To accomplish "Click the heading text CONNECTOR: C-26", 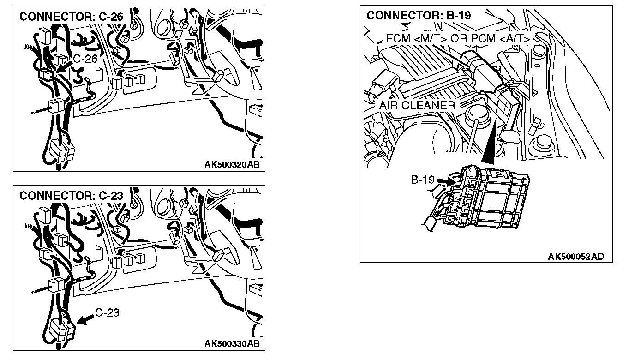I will coord(72,17).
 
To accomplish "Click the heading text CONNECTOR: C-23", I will coord(72,196).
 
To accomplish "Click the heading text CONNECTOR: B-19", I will coord(419,15).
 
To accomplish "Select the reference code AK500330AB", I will coord(232,344).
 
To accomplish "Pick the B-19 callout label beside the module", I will coord(423,180).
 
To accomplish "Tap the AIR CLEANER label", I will coord(417,105).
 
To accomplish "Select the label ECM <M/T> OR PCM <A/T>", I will coord(457,38).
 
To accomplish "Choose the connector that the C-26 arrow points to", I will coord(46,74).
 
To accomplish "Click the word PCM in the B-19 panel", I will coord(483,38).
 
